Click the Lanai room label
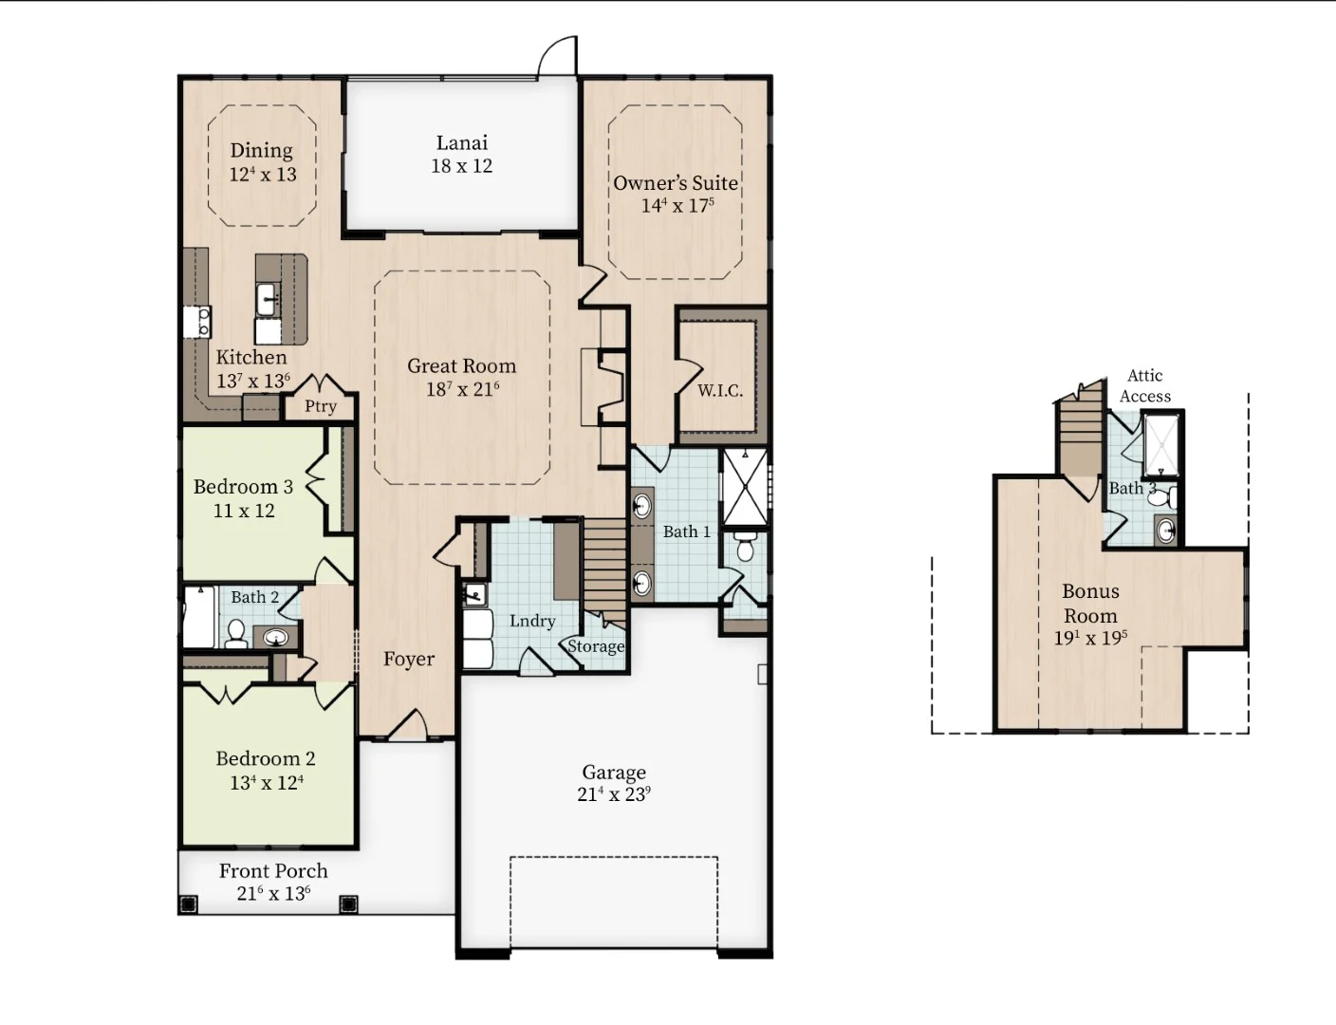tap(462, 142)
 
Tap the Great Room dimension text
tap(462, 389)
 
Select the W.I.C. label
tap(720, 390)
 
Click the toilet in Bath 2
tap(235, 633)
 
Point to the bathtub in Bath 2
tap(200, 617)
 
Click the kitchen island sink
tap(267, 300)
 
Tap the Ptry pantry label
tap(321, 406)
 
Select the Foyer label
tap(409, 660)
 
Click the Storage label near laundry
tap(596, 646)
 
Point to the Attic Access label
tap(1144, 385)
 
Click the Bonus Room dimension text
tap(1090, 638)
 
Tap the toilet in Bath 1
tap(745, 547)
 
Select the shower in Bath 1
tap(745, 488)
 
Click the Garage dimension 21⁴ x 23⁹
tap(614, 794)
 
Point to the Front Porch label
tap(273, 870)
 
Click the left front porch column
tap(188, 904)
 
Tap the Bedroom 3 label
tap(244, 487)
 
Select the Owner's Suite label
tap(676, 183)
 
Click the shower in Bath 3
tap(1160, 444)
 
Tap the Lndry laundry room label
tap(532, 621)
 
